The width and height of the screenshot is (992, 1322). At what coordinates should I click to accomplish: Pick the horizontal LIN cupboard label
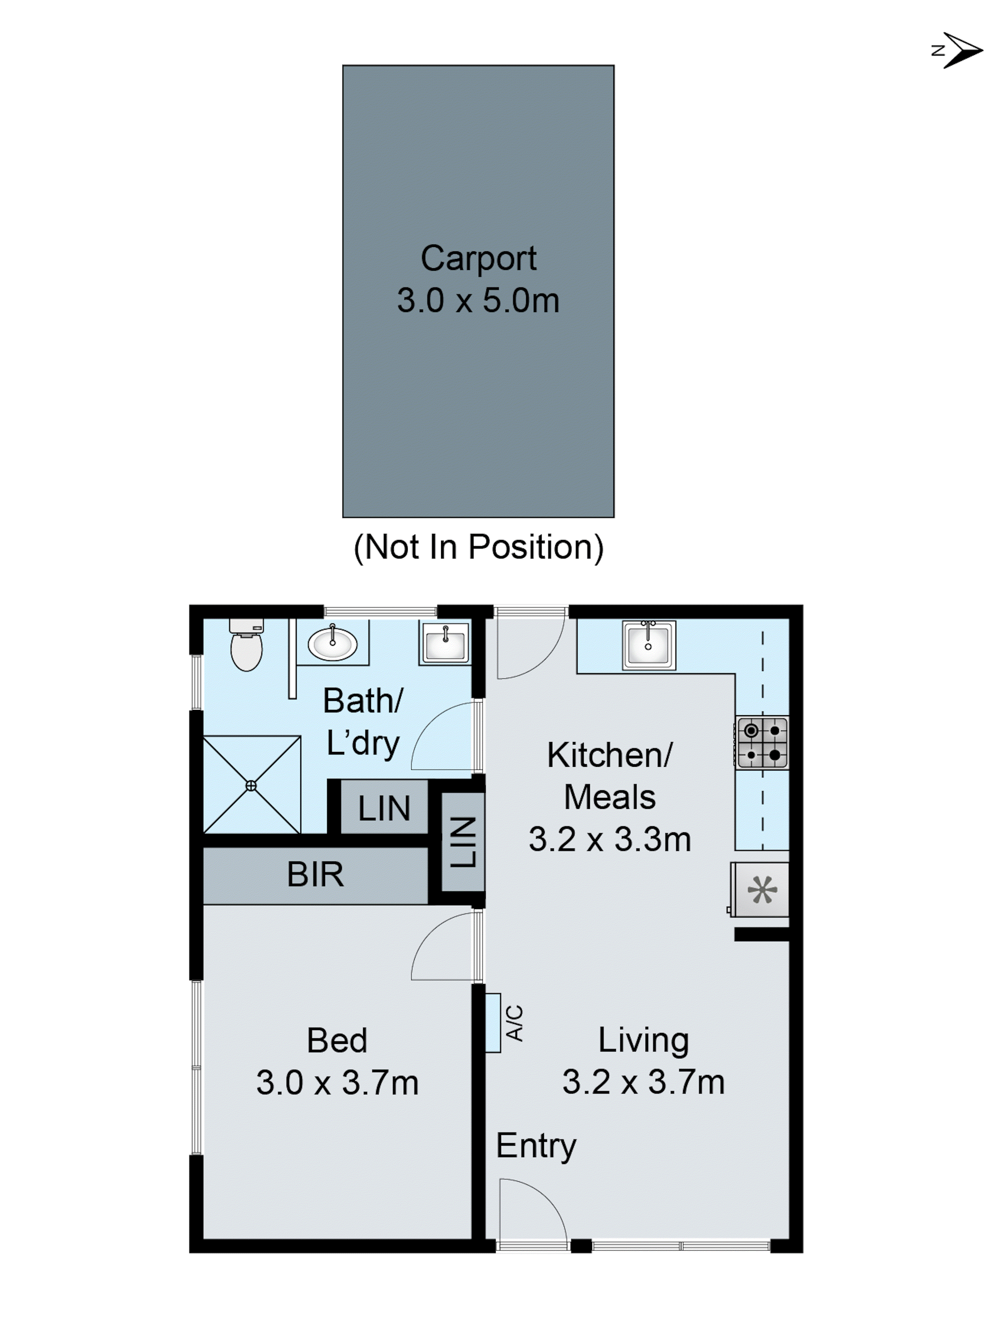(384, 808)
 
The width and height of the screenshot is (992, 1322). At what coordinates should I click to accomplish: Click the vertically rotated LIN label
(464, 842)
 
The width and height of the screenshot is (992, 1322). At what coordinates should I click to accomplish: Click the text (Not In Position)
(478, 547)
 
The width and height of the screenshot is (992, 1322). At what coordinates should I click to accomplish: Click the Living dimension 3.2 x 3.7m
(643, 1082)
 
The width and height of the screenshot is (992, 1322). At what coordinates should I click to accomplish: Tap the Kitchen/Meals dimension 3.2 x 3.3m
(609, 840)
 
